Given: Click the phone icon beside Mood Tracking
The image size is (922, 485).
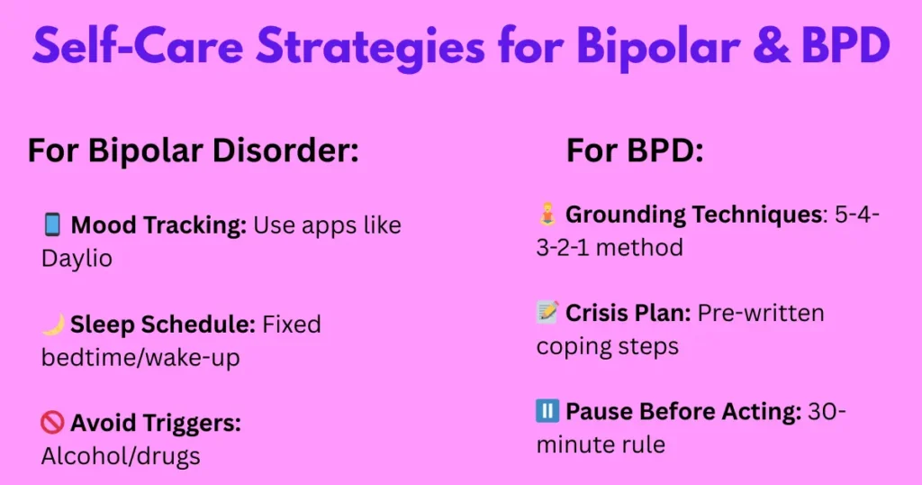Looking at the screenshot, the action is pos(52,224).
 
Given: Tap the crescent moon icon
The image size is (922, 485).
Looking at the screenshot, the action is pos(53,325).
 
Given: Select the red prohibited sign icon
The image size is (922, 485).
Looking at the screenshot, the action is pos(52,423).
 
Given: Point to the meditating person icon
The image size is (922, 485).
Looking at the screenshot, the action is pos(547,215).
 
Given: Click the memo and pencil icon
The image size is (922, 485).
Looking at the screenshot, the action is pos(547,313).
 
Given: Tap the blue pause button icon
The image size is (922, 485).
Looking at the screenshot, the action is pos(547,411).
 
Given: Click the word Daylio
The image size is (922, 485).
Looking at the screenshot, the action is pos(77,259).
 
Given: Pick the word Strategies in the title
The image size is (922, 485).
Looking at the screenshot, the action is pos(371,47).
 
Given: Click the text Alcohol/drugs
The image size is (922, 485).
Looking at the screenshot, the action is pos(121,456).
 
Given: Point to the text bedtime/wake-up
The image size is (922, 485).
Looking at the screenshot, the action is pos(140,358).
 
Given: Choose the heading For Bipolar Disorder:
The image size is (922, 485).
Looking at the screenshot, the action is pos(194,150).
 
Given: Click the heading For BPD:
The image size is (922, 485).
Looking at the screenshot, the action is pos(635,150).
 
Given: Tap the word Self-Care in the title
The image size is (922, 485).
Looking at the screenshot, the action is pos(138,45).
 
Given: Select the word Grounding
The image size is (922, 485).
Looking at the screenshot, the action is pos(626,215).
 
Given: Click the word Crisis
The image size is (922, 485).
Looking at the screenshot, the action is pos(599,313).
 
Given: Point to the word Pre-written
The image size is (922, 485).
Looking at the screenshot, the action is pos(761,313).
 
